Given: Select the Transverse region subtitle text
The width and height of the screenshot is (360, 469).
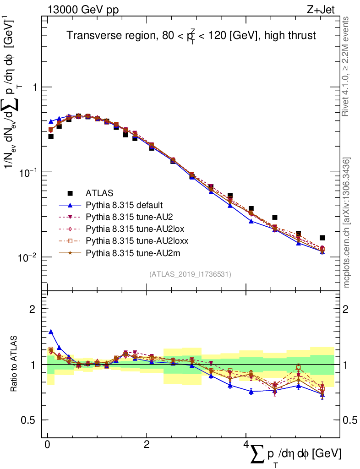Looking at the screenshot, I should (x=191, y=35).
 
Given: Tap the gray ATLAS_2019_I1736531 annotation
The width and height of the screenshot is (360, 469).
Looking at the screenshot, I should (x=190, y=274).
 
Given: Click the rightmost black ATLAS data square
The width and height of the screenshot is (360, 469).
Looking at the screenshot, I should (x=322, y=238).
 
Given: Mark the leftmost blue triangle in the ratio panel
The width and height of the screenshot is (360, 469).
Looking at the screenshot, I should (x=51, y=332).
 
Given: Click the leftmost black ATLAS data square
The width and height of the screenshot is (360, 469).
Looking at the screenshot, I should (x=51, y=136).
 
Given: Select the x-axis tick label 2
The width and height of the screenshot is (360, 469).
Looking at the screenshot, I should (x=146, y=445).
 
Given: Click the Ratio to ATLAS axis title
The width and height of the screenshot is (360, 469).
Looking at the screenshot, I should (x=14, y=365).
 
